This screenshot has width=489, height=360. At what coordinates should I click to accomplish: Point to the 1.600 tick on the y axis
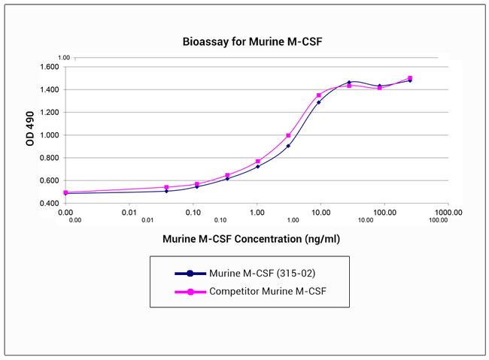tap(49, 67)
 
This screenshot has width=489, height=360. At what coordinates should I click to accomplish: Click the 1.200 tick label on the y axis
tap(49, 113)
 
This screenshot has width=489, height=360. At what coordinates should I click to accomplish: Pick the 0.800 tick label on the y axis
tap(49, 158)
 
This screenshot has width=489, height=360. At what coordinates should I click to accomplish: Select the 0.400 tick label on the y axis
tap(49, 204)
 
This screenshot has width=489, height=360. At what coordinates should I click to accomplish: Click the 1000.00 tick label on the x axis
tap(448, 213)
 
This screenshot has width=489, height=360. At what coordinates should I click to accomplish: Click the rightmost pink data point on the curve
tap(410, 78)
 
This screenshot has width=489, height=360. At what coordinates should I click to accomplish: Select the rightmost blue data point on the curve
tap(410, 80)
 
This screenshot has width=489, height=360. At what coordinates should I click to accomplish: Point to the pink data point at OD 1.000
tap(288, 135)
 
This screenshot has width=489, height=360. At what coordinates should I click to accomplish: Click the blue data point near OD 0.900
tap(288, 146)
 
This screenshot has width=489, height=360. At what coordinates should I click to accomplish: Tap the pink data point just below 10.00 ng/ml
tap(319, 95)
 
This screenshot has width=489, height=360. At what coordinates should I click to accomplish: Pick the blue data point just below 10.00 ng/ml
tap(319, 102)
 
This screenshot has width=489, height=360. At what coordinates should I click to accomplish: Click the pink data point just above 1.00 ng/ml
tap(258, 161)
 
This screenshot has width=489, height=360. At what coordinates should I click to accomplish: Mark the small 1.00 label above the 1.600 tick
tap(64, 58)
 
